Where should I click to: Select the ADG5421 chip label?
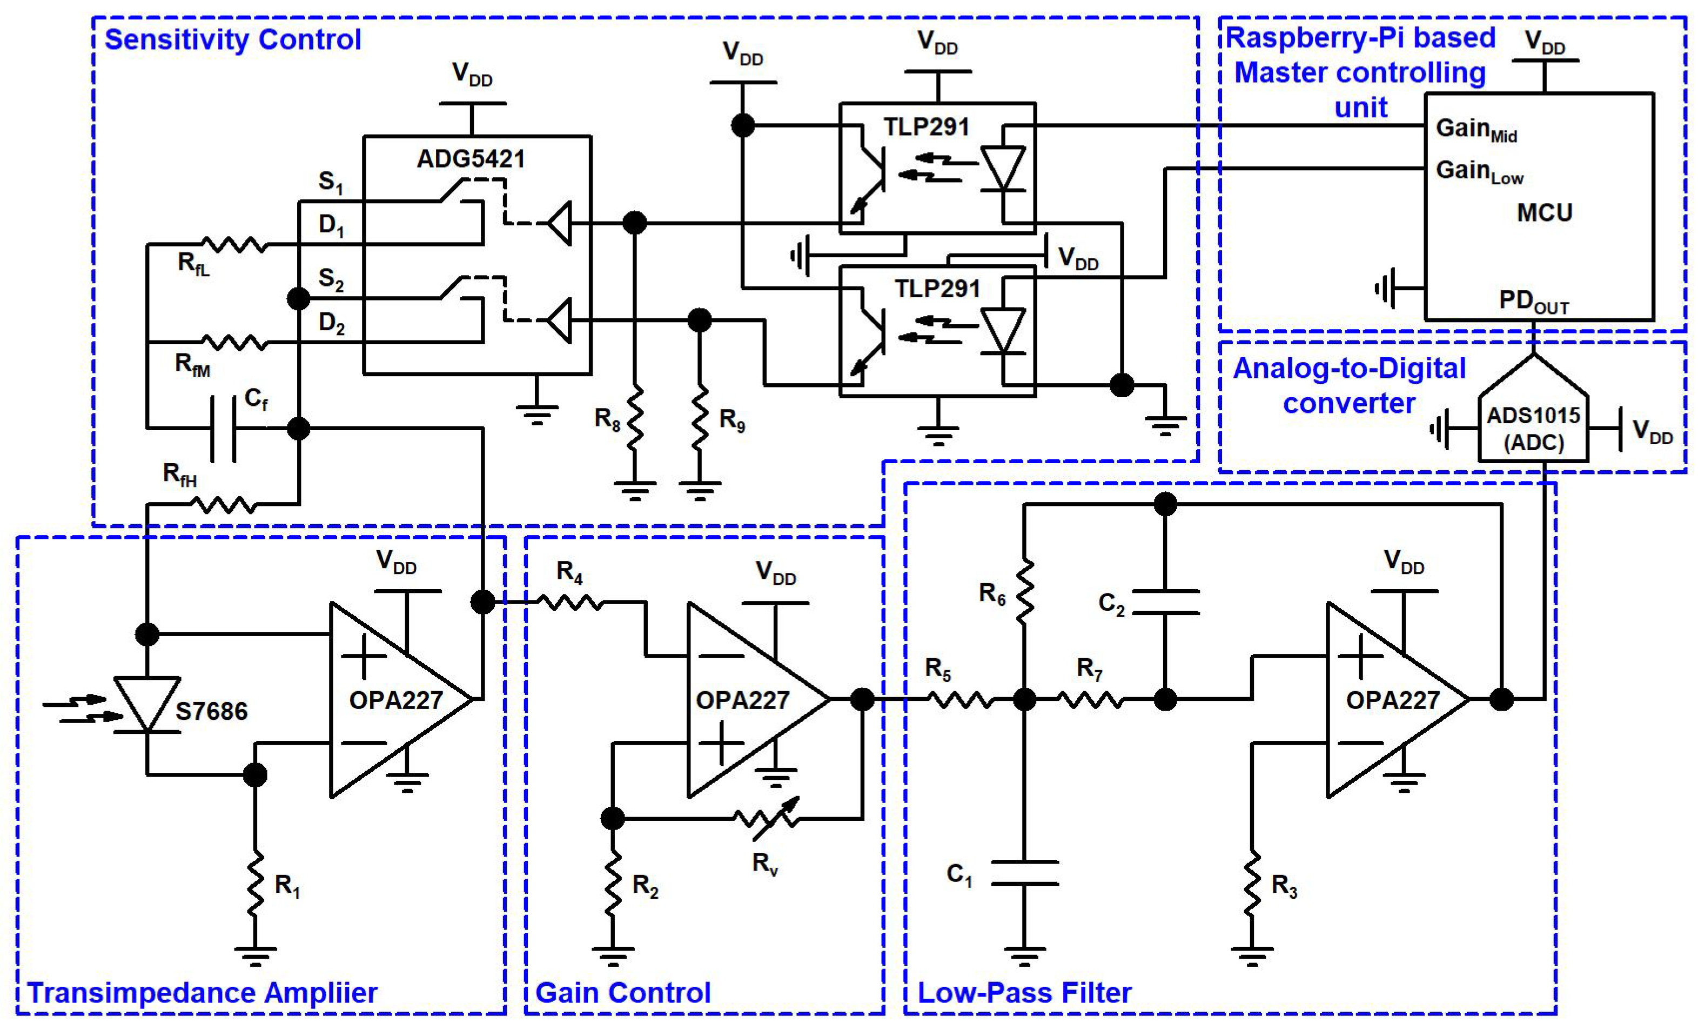471,159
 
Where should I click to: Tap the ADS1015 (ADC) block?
1533,428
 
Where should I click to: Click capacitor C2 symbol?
1165,601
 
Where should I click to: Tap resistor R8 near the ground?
634,418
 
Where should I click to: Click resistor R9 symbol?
700,418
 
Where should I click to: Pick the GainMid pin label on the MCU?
1475,130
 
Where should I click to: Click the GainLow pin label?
1479,172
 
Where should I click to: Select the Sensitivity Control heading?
232,39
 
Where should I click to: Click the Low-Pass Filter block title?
1024,993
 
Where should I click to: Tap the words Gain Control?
622,993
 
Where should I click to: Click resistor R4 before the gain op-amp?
570,603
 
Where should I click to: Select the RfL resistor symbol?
234,244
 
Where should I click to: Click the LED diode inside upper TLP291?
1003,169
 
